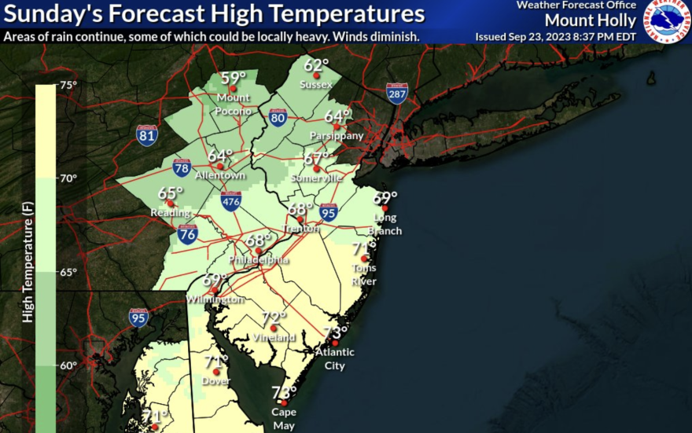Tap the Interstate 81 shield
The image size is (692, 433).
coord(146,134)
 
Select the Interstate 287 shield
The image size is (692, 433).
coord(397,94)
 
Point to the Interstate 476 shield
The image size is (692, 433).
coord(231,200)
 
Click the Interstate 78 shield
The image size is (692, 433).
coord(182,167)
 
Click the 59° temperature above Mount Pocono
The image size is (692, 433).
coord(233,77)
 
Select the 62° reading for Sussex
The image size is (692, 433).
coord(316,65)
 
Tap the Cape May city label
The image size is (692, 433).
coord(284,417)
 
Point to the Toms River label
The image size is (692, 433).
coord(364,274)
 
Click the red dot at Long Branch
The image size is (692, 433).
coord(385,208)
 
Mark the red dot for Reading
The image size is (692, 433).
coord(170,204)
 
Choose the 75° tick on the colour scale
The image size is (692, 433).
coord(69,85)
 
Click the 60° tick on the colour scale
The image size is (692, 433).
coord(69,365)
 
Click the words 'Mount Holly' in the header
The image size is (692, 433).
coord(590,20)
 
